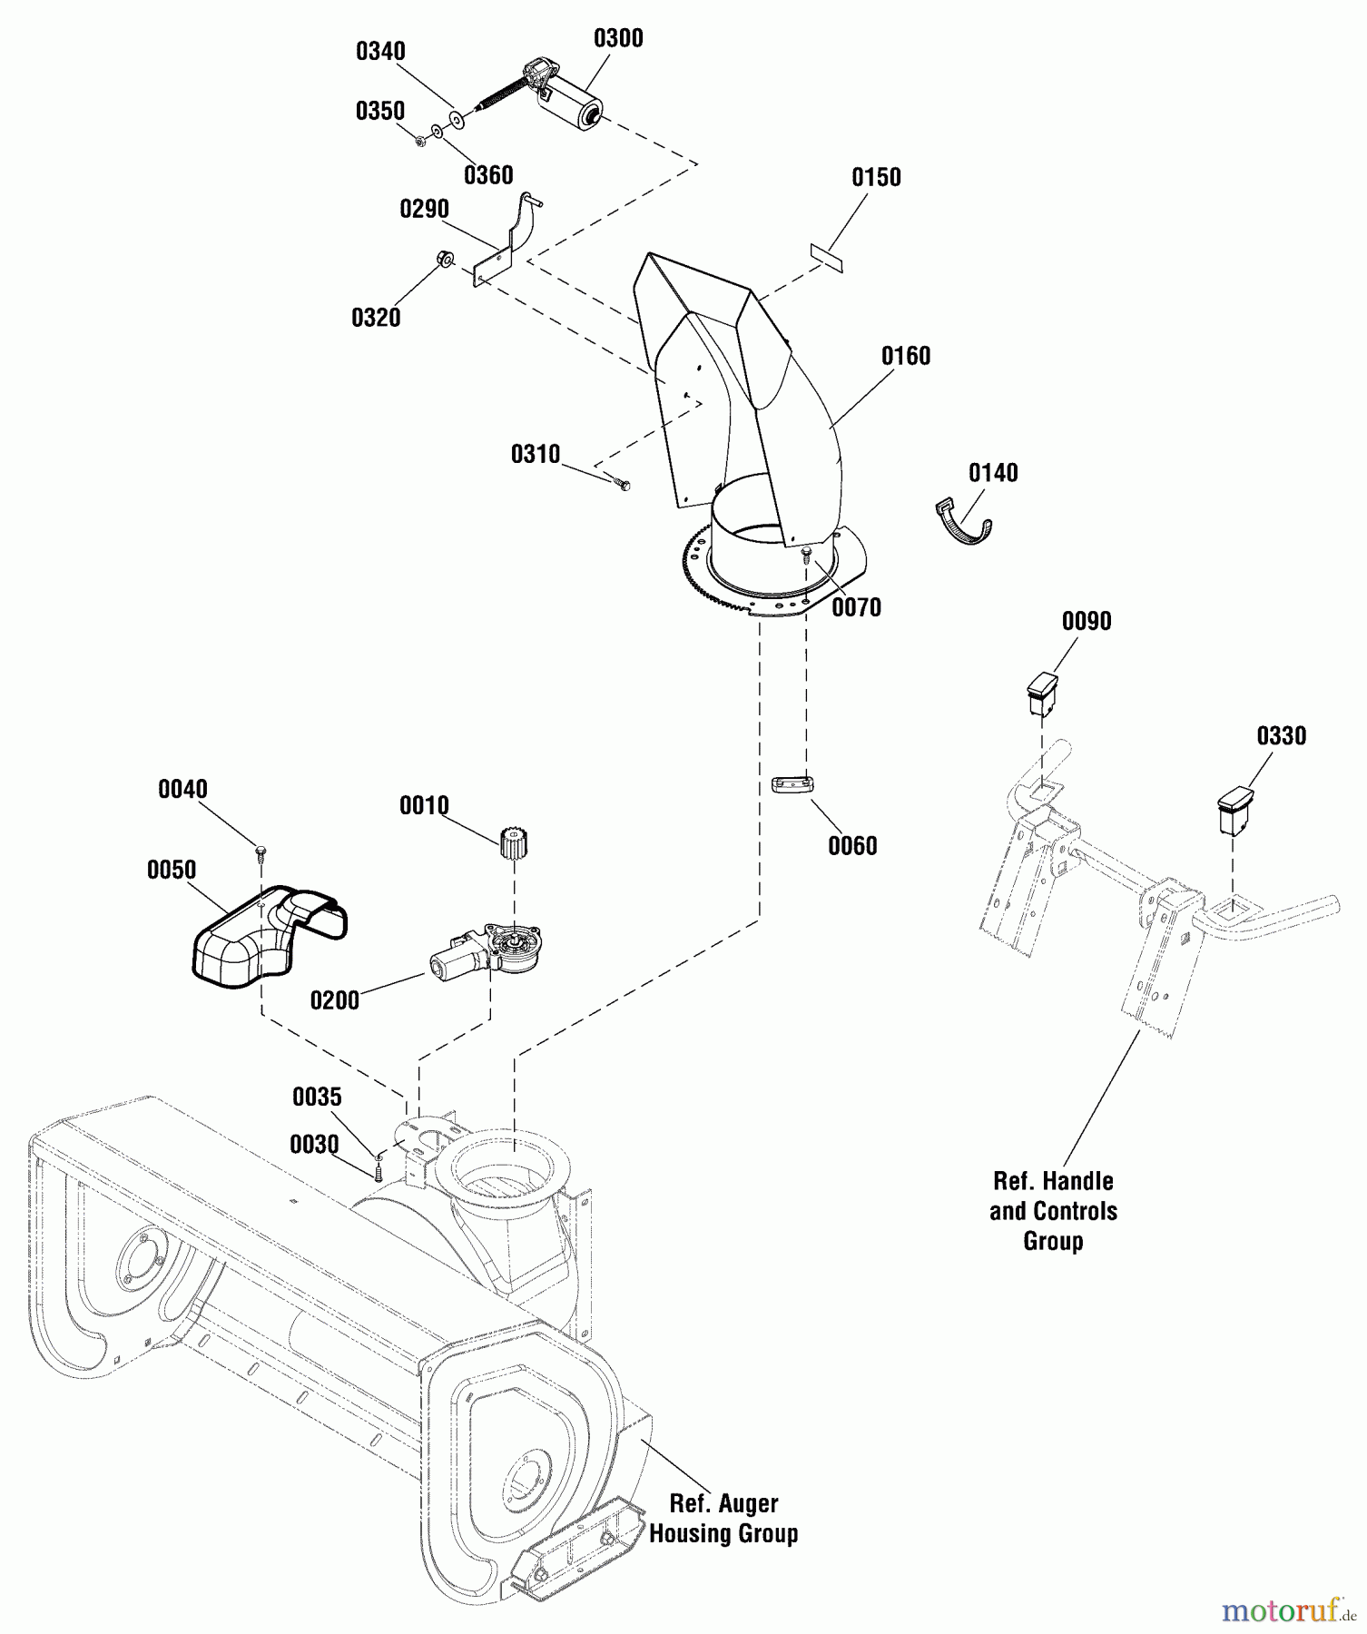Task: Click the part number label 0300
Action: point(618,38)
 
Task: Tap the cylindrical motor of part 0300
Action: point(570,103)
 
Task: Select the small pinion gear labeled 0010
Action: point(515,842)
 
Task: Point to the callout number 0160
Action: point(906,356)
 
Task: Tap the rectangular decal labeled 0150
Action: point(827,256)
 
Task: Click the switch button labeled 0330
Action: point(1234,809)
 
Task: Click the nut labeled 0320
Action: point(446,258)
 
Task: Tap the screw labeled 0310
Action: point(622,484)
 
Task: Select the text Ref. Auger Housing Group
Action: point(723,1518)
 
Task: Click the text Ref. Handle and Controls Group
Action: point(1053,1211)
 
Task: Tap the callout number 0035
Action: point(317,1098)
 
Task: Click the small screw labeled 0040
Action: point(261,851)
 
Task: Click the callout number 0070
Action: point(856,607)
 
